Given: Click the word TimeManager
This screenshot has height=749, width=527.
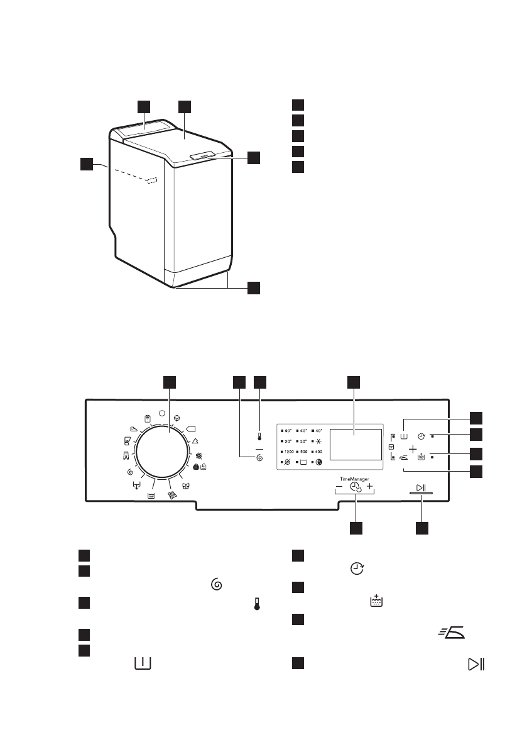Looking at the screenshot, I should point(355,479).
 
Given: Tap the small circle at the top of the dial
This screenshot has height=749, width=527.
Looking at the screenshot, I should point(163,414).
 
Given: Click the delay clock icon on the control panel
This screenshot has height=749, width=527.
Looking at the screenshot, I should point(421,435).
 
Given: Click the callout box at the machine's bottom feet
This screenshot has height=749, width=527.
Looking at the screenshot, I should point(253,288).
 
